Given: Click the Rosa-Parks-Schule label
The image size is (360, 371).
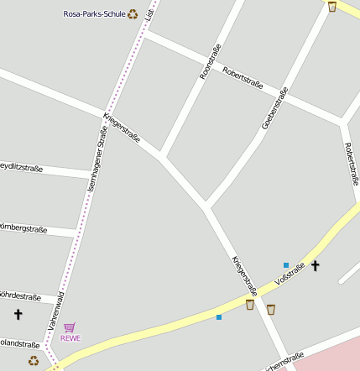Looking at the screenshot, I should tap(94, 13).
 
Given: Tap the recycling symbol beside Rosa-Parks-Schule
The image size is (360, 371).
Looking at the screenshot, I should tap(133, 13).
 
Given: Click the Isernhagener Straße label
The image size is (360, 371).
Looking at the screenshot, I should tap(97, 159).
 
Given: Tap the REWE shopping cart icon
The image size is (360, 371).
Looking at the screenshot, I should tap(70, 327).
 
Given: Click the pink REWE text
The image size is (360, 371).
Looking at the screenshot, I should tap(70, 338).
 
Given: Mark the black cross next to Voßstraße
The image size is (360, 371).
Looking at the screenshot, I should tap(316, 266).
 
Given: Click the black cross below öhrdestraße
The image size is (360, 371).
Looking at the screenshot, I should tap(18, 314).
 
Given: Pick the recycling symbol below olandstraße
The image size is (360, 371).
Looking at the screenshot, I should tap(34, 361).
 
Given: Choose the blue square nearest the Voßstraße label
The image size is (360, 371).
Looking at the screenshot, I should tap(286, 265).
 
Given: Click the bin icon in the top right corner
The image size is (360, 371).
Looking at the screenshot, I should tap(332, 7).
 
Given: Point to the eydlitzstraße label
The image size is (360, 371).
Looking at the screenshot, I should tap(21, 169).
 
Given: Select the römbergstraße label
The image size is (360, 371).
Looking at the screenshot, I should tap(23, 228).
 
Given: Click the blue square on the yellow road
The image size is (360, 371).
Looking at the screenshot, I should tap(219, 317).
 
